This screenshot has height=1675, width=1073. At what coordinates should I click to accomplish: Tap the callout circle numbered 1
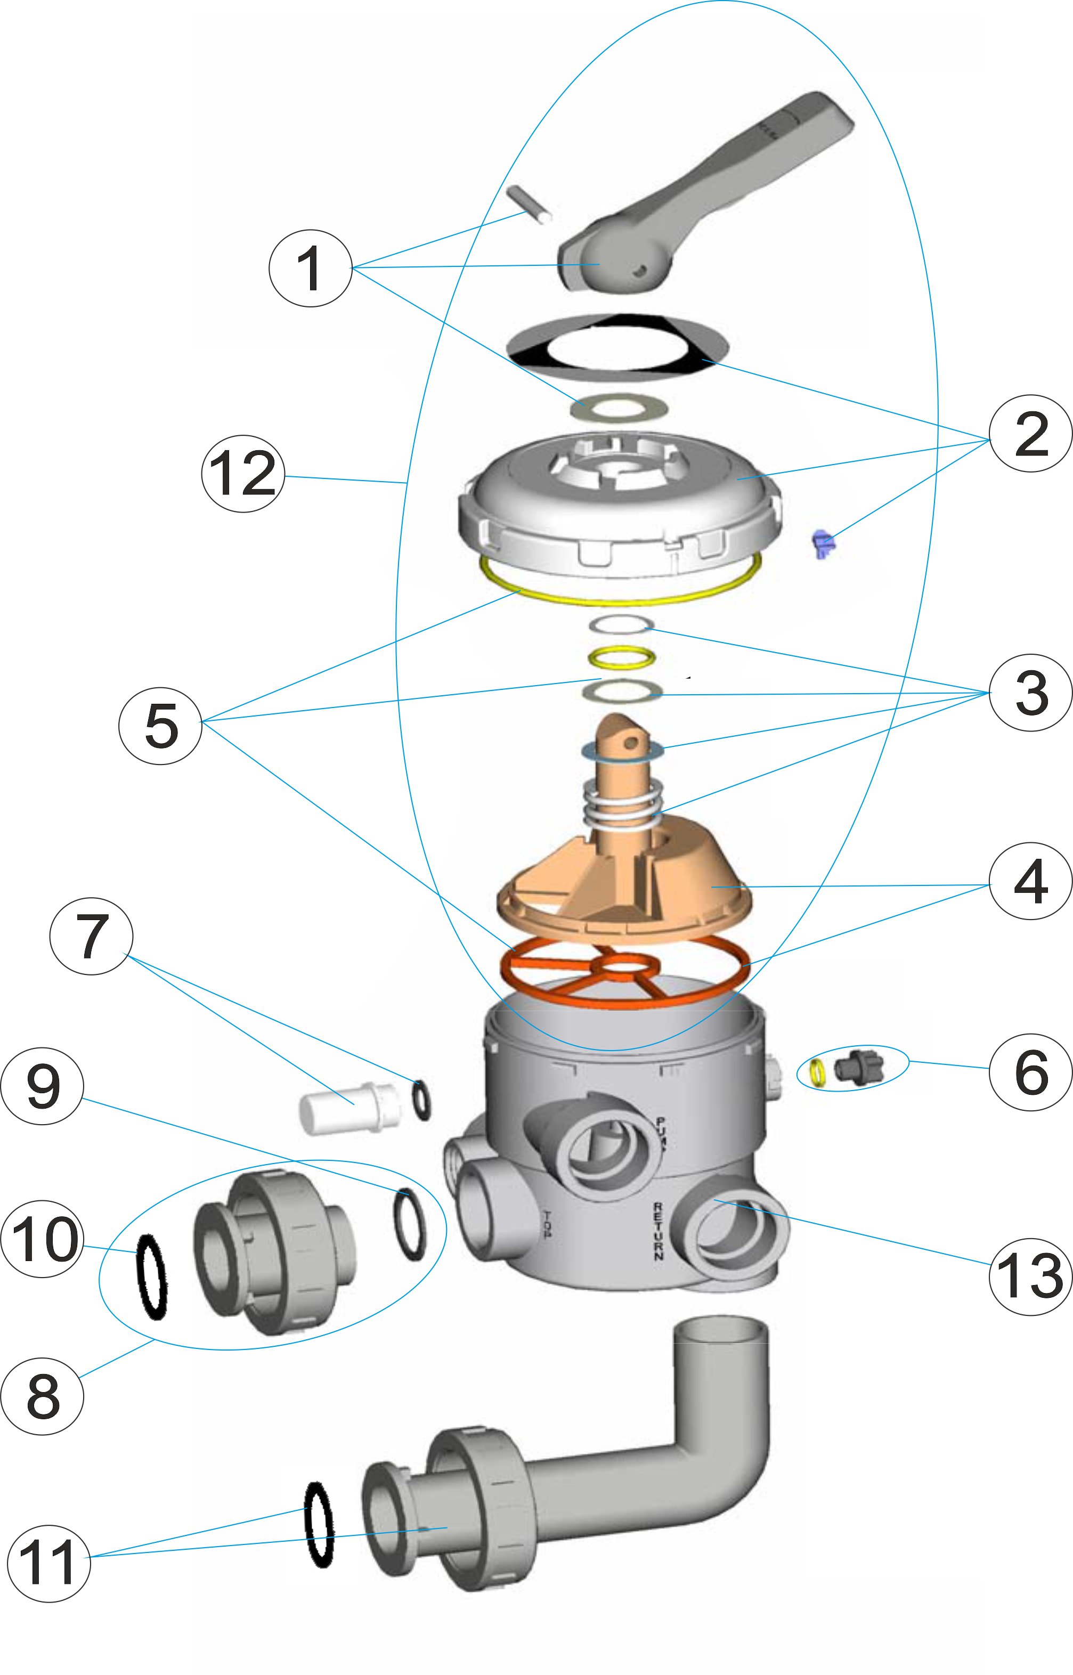click(310, 269)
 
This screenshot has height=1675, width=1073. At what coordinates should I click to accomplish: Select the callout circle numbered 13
click(1030, 1276)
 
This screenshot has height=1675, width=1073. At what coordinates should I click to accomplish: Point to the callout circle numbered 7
click(91, 936)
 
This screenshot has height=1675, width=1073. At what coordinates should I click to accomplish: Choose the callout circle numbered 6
click(1030, 1071)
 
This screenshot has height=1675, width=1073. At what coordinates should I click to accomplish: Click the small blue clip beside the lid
click(823, 543)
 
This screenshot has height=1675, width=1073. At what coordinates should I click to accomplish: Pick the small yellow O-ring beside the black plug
click(818, 1073)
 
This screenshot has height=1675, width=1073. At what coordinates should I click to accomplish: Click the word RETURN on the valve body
click(659, 1231)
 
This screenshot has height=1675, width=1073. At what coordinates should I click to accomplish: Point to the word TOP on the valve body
click(548, 1224)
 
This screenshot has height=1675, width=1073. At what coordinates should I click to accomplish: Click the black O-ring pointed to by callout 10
click(152, 1276)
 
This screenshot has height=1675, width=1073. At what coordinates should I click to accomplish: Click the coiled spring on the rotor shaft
click(622, 805)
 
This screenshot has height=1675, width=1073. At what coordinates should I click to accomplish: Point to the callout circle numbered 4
click(1030, 881)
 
